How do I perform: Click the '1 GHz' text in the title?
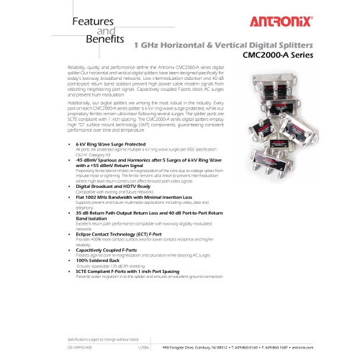tap(148, 45)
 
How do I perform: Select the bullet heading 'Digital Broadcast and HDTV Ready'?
tap(118, 207)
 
